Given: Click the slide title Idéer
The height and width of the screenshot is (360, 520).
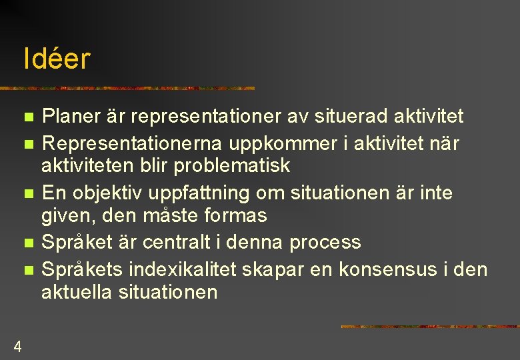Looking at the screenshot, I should [x=56, y=59].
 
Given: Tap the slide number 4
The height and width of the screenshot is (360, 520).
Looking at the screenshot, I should [x=17, y=347].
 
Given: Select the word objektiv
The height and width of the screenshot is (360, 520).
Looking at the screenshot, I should [x=119, y=193].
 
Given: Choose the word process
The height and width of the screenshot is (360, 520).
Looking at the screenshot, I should [x=325, y=242].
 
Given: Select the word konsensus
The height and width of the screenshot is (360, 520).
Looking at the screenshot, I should [x=398, y=270].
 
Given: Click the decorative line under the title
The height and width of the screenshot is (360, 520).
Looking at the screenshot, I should [x=127, y=88].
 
